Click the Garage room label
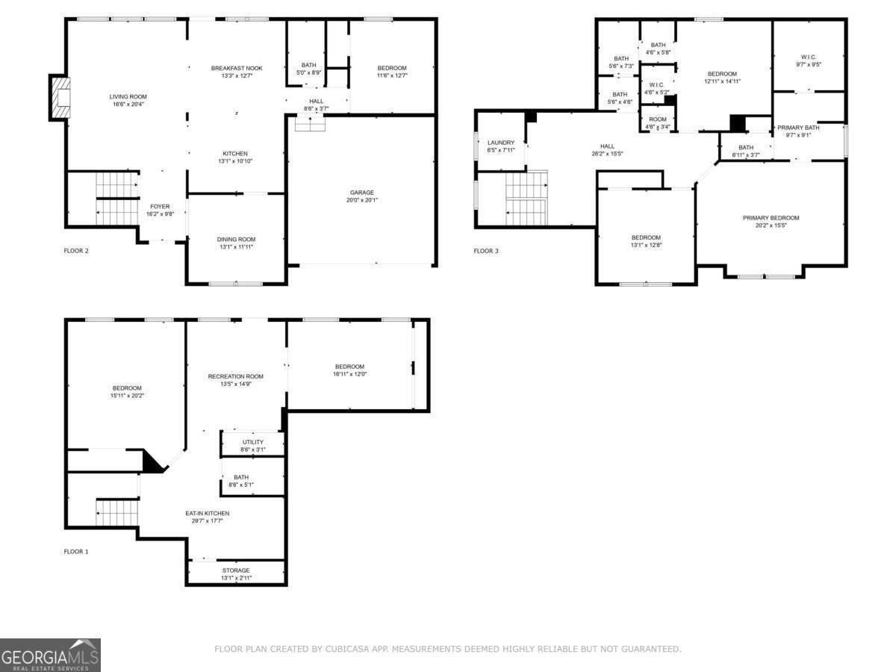click(362, 196)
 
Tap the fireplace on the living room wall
click(58, 96)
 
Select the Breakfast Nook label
click(236, 72)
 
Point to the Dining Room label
click(236, 243)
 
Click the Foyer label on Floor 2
click(160, 211)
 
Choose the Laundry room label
click(501, 146)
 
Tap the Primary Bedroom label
click(771, 222)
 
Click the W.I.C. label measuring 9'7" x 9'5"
click(809, 60)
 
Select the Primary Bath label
click(798, 131)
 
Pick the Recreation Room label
click(235, 380)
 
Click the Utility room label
click(252, 446)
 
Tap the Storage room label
click(236, 574)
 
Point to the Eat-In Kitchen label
click(208, 517)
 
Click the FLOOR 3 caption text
click(486, 251)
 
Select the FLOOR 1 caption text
click(76, 552)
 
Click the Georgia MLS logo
click(50, 655)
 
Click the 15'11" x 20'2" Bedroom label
click(127, 392)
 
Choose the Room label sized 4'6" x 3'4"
click(657, 123)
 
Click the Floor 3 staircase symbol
click(526, 198)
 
